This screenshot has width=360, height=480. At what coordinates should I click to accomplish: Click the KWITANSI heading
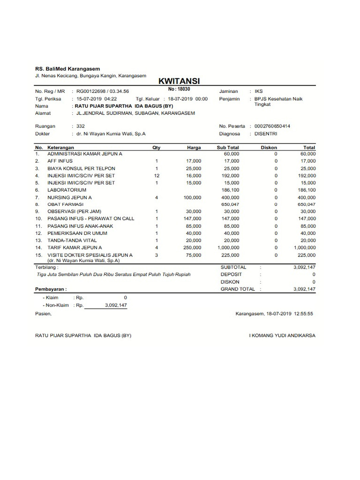tap(180, 81)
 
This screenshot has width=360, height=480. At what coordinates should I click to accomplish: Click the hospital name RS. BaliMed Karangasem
tap(67, 69)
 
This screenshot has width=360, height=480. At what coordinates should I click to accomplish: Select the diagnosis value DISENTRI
tap(266, 134)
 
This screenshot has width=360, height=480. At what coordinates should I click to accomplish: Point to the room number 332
tap(81, 126)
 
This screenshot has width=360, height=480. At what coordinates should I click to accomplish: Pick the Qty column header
tap(157, 148)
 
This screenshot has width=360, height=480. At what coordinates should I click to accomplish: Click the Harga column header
tap(194, 148)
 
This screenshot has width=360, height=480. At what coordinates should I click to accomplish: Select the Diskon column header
tap(269, 148)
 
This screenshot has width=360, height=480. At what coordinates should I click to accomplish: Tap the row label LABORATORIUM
tap(67, 190)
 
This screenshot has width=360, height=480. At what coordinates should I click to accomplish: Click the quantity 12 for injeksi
tap(157, 175)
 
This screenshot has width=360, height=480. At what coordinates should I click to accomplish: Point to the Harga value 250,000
tap(192, 247)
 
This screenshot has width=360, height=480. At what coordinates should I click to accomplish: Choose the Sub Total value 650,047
tap(230, 204)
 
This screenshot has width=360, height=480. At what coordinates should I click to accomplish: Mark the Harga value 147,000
tap(192, 219)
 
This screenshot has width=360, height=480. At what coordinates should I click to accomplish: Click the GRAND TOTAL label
tap(238, 289)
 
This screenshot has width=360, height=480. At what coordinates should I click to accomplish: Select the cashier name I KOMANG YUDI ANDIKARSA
tap(282, 336)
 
